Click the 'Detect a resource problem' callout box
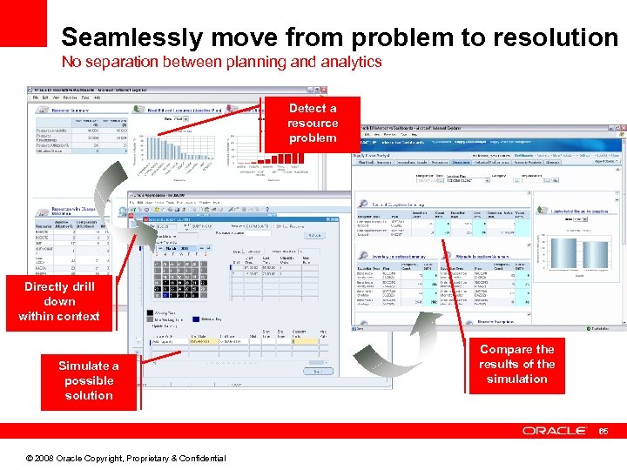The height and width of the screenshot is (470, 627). tap(312, 124)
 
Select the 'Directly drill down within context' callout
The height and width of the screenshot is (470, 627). tap(59, 301)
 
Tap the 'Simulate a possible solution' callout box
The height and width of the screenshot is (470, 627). tap(89, 380)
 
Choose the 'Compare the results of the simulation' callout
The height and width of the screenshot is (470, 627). tap(516, 364)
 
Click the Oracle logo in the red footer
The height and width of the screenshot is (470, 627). tap(554, 431)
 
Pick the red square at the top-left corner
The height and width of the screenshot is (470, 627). tap(24, 23)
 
